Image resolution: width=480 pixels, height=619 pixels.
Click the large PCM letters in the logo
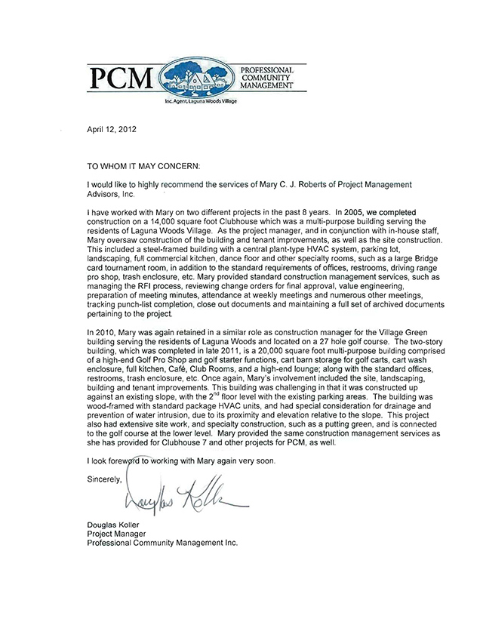[122, 77]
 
